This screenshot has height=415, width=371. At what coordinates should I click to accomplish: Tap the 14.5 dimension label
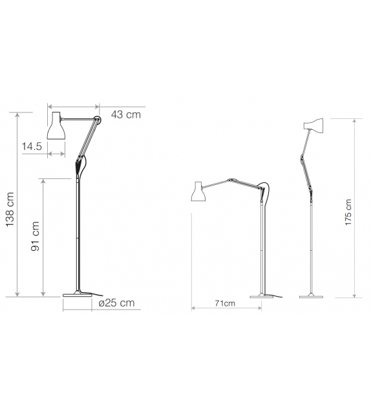(32, 147)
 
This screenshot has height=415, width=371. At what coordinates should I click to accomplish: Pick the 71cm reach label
(225, 303)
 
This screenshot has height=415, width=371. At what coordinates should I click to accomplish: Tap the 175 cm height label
(348, 211)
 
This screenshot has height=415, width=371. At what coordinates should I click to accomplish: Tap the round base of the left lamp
(78, 295)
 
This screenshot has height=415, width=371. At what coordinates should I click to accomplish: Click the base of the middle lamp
(262, 296)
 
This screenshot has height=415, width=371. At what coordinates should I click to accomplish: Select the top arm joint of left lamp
(97, 119)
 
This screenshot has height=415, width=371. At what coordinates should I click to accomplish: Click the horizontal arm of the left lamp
(79, 118)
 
